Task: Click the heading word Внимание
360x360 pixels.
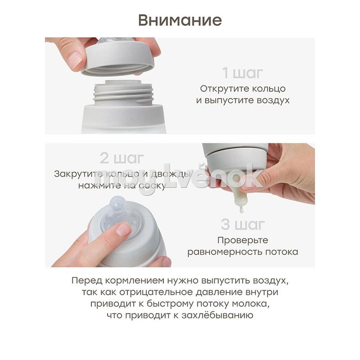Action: click(x=180, y=20)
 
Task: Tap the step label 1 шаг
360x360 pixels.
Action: click(x=242, y=73)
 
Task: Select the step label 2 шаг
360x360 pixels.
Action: click(x=121, y=158)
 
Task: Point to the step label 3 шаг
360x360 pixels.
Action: click(x=243, y=224)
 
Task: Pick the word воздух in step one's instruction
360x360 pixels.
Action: click(x=273, y=100)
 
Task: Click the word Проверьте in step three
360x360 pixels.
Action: click(x=243, y=240)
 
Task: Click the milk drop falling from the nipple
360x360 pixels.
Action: click(x=241, y=210)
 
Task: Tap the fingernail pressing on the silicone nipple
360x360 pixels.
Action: click(x=124, y=229)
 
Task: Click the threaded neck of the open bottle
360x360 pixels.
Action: click(x=123, y=93)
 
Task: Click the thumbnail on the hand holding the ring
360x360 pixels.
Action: click(x=75, y=59)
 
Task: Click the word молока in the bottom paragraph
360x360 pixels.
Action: click(x=251, y=304)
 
